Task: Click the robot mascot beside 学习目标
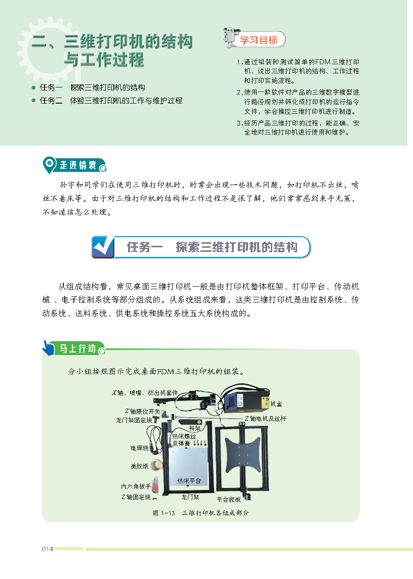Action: (231, 37)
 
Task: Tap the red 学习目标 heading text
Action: (259, 40)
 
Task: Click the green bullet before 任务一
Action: (33, 87)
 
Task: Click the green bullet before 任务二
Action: (33, 101)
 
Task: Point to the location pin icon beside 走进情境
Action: (49, 165)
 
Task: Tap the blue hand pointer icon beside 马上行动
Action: (49, 348)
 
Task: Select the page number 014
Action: (48, 549)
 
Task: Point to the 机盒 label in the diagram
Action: (276, 404)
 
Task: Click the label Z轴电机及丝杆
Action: (266, 418)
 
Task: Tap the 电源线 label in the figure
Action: (139, 448)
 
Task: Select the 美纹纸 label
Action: (139, 466)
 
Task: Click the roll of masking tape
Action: (157, 465)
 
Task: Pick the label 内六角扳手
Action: (136, 486)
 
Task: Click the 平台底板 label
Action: (229, 499)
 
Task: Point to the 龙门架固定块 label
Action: (134, 420)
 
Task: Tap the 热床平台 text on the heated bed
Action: (189, 480)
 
